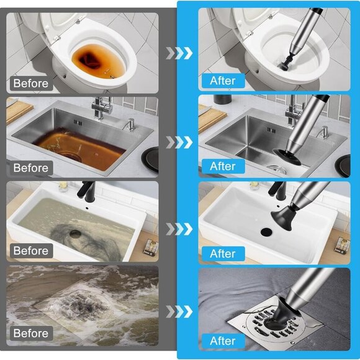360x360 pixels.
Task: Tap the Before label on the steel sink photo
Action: click(31, 168)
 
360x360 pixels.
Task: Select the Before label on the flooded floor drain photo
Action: click(31, 334)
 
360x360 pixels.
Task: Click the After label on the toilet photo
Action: click(222, 81)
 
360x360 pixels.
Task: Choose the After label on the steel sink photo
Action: click(222, 166)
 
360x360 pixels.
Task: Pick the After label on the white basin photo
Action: click(222, 253)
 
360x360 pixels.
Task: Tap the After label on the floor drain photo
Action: click(222, 341)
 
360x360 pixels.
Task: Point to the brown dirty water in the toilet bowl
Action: click(93, 60)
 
